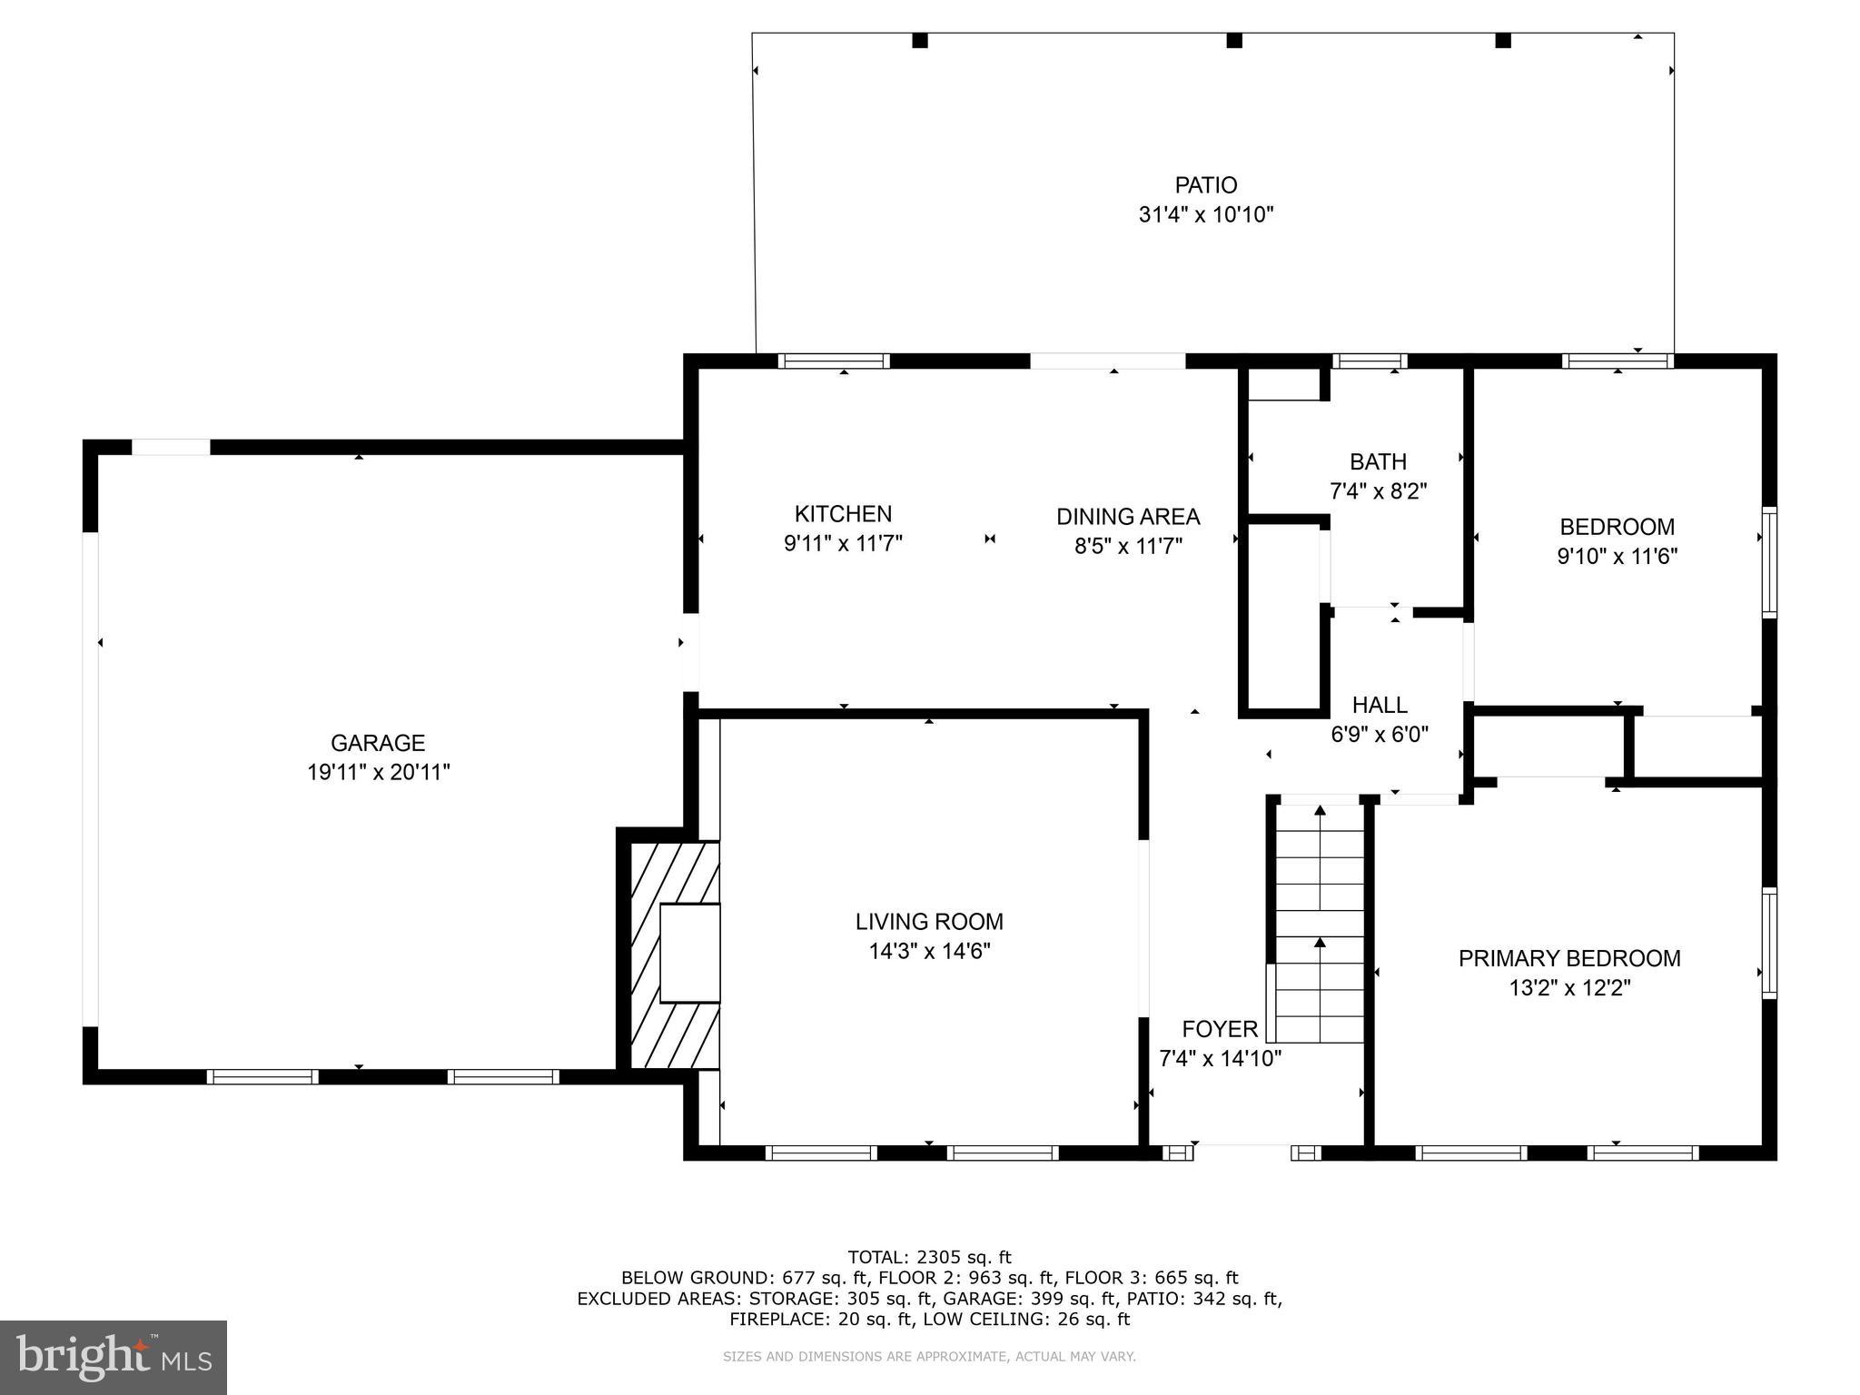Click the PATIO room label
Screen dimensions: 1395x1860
1205,185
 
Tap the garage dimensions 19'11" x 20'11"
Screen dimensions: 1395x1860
378,773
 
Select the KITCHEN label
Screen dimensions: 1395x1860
843,514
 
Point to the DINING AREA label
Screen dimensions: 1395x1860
1128,517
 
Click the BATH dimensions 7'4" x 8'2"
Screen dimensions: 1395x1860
1378,491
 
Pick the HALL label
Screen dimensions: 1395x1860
1380,705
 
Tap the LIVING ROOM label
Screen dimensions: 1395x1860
929,922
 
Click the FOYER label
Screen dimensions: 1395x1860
1220,1029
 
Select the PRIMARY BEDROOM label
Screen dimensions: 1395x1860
1569,958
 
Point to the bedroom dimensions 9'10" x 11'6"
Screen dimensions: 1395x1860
1617,556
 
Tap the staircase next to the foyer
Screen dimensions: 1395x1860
1320,922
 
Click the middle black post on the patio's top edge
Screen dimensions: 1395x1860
1233,40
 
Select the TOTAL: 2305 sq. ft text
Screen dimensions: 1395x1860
929,1258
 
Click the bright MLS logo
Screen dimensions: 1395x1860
114,1357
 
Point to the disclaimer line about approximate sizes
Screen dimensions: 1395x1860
929,1357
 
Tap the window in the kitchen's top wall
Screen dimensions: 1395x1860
834,361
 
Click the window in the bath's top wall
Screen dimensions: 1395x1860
1370,361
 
